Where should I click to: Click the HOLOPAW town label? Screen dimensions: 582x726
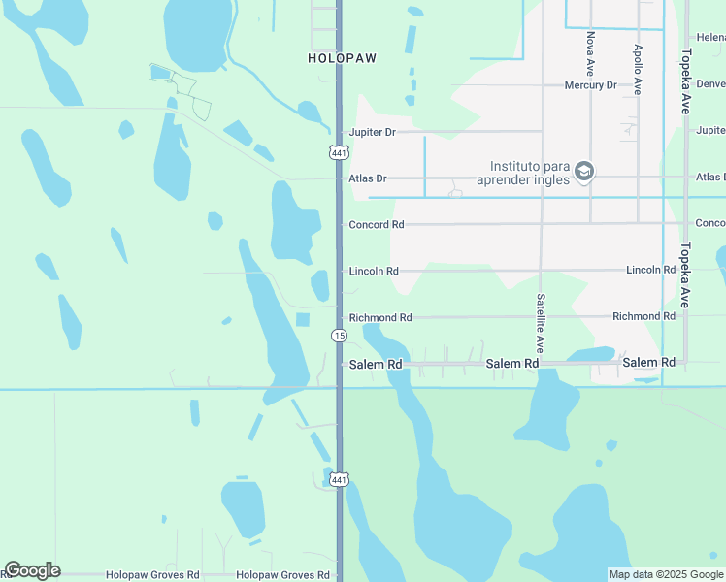(x=341, y=58)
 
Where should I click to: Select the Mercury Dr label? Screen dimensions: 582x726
(x=591, y=85)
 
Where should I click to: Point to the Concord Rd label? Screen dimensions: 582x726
(x=377, y=225)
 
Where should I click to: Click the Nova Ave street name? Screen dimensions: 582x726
(x=590, y=53)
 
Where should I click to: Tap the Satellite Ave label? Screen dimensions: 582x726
(x=541, y=324)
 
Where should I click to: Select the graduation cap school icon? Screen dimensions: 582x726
(x=583, y=172)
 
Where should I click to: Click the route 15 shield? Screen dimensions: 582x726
(x=338, y=336)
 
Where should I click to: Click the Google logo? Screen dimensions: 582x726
(x=32, y=570)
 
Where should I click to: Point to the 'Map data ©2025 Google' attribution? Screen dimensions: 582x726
(x=666, y=574)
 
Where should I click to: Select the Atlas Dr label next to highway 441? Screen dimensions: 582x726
(x=368, y=178)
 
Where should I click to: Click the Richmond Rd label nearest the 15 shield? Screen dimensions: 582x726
(x=380, y=317)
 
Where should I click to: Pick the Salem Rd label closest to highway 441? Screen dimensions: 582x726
(x=376, y=364)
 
